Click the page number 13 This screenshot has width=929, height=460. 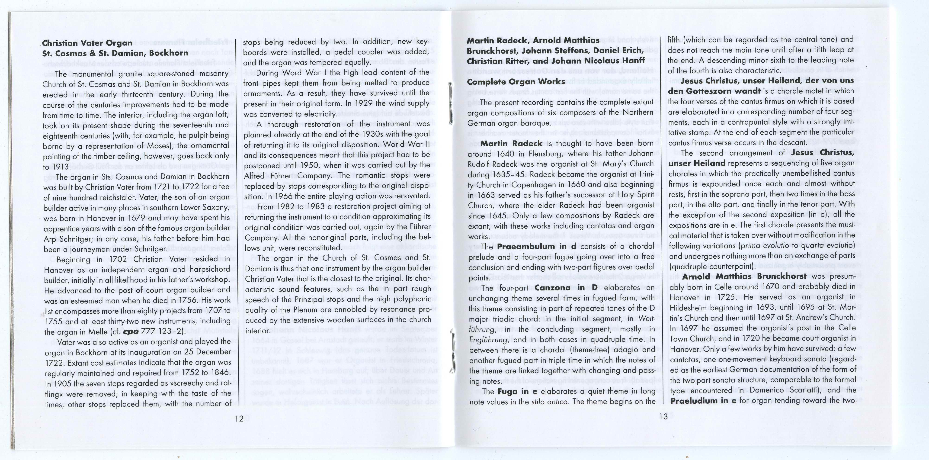[x=663, y=417]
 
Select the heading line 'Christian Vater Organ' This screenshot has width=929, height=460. [x=87, y=43]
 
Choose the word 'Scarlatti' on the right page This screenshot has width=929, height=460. [x=803, y=390]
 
